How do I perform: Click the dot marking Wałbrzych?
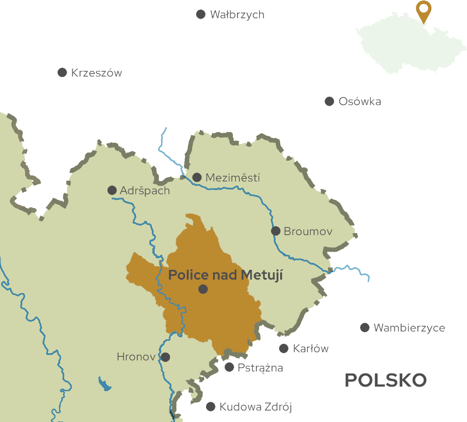(201, 14)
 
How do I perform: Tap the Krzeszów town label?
(96, 73)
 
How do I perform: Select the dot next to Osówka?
(329, 101)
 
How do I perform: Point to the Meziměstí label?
(233, 178)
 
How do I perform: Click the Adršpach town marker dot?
(112, 190)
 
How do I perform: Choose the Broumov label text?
(308, 231)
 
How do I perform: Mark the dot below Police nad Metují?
(203, 289)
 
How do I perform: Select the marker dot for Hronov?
(165, 357)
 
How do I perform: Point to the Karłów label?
(311, 349)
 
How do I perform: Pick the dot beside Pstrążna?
(229, 367)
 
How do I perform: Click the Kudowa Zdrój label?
(255, 407)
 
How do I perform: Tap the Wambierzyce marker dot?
(365, 328)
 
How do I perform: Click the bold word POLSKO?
(385, 381)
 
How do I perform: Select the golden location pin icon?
(424, 11)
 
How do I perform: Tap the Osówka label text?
(360, 101)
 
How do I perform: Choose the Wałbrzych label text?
(237, 15)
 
